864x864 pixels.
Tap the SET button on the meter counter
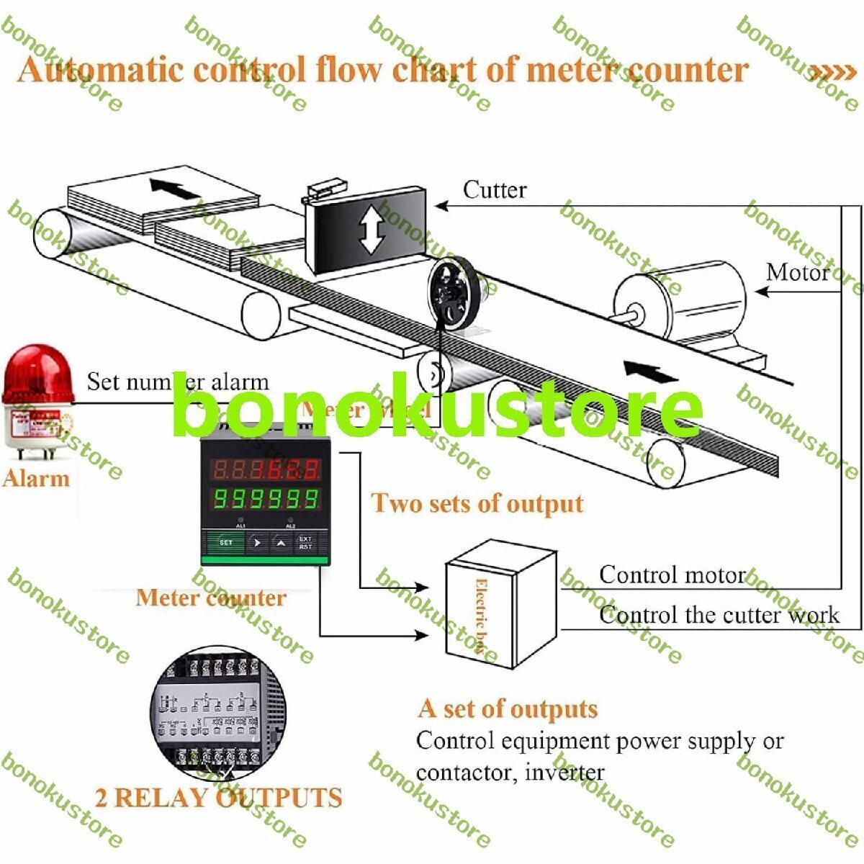pyautogui.click(x=225, y=541)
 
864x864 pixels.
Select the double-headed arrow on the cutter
pyautogui.click(x=369, y=230)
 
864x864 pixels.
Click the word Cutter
pyautogui.click(x=494, y=190)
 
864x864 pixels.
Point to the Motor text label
pyautogui.click(x=797, y=272)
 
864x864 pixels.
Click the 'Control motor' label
pyautogui.click(x=672, y=575)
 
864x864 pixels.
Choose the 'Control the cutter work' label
pyautogui.click(x=719, y=615)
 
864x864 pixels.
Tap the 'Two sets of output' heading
pyautogui.click(x=477, y=503)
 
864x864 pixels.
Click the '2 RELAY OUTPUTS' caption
pyautogui.click(x=218, y=798)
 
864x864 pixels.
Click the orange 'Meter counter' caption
pyautogui.click(x=210, y=598)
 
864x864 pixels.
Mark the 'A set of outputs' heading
pyautogui.click(x=508, y=708)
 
